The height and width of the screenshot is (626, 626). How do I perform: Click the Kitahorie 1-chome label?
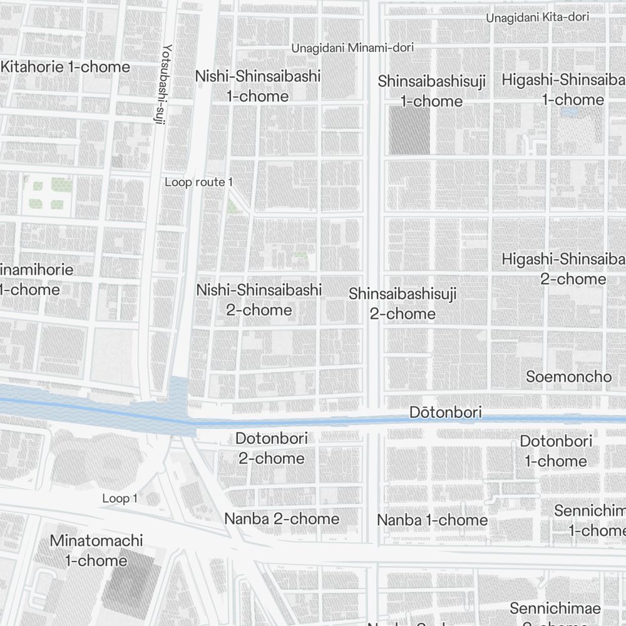(x=66, y=67)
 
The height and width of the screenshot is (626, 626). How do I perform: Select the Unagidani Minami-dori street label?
(x=353, y=48)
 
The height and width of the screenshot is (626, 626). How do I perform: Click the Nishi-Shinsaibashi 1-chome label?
(x=258, y=86)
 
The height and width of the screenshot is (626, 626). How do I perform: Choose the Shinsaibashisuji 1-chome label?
(x=431, y=91)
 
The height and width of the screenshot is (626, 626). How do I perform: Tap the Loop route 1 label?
(x=198, y=182)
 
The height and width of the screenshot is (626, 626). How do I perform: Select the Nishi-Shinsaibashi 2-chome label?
(x=259, y=300)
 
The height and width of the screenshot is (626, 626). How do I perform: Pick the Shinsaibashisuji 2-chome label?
(x=403, y=304)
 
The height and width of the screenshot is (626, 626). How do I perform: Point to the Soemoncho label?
(x=568, y=376)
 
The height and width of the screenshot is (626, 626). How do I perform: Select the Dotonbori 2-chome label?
(x=272, y=448)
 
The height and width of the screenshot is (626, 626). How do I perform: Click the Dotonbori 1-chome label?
(x=556, y=451)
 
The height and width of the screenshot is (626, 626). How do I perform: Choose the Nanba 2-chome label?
(x=282, y=518)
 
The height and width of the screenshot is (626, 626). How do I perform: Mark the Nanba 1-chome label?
(x=432, y=520)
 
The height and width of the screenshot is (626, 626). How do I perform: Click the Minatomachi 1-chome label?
(x=96, y=550)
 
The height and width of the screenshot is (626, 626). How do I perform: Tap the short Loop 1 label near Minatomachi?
(x=120, y=498)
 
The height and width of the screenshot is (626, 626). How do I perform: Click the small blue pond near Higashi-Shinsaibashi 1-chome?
(x=570, y=113)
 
